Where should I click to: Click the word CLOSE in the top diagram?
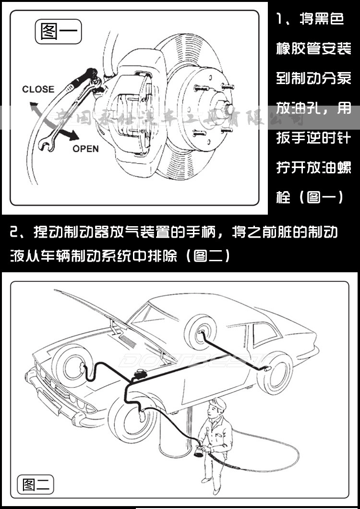coord(38,89)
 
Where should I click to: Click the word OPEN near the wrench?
coord(86,149)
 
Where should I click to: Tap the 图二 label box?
coord(36,485)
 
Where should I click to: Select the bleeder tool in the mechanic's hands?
coord(198,452)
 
